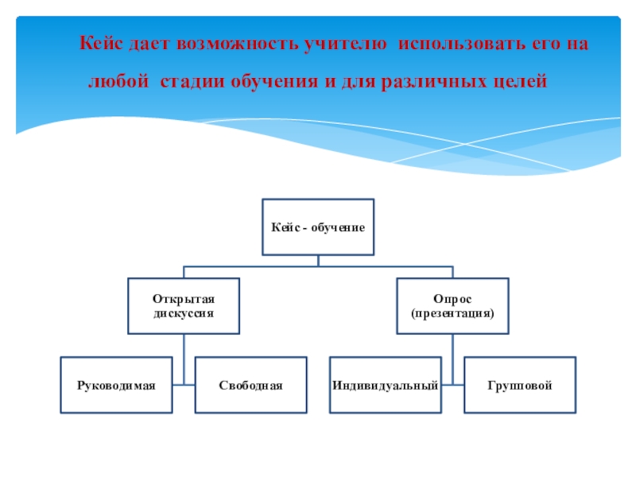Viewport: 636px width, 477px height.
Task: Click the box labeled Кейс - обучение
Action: click(318, 227)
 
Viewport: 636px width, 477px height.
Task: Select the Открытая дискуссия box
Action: click(184, 306)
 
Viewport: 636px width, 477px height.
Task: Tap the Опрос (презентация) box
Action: click(452, 306)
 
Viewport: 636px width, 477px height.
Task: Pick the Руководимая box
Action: click(116, 386)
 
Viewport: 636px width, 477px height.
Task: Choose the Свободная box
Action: click(251, 386)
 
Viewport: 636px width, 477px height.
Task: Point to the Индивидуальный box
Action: click(386, 386)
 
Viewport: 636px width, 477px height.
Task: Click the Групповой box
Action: click(520, 386)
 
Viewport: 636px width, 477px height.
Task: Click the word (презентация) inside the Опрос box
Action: click(452, 314)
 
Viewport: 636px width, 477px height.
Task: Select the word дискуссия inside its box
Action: click(184, 314)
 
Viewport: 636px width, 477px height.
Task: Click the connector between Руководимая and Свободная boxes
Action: click(184, 386)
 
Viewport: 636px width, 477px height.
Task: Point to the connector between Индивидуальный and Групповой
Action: click(452, 386)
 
